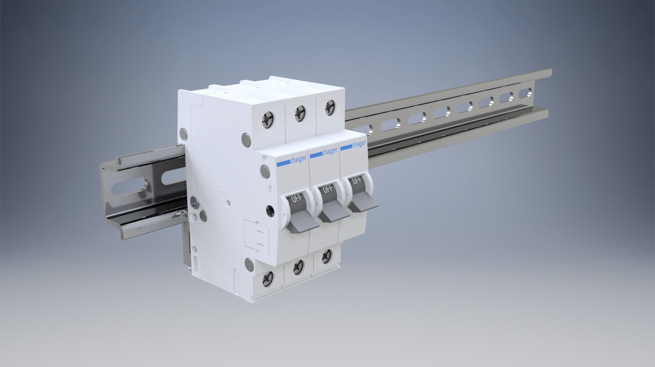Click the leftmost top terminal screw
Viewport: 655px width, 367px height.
[x=268, y=120]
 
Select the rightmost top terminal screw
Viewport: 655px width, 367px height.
[x=329, y=106]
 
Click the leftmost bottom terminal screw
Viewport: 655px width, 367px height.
[x=268, y=277]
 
